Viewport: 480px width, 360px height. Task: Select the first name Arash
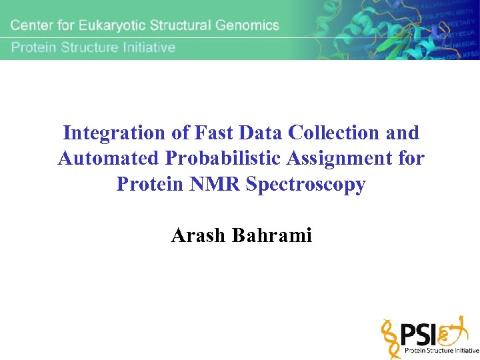pos(199,235)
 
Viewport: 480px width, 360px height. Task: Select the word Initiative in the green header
pos(147,47)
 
